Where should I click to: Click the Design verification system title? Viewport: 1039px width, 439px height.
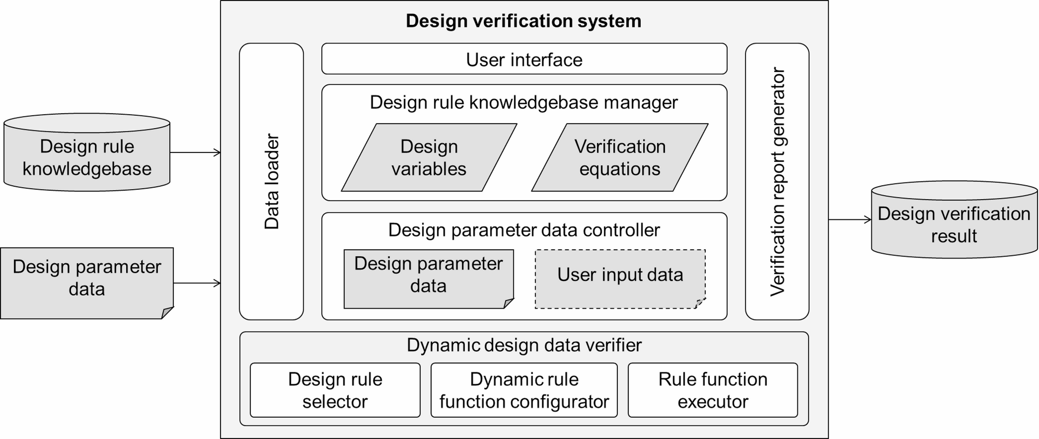pos(523,21)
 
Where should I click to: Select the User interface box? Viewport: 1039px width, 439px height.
pos(524,59)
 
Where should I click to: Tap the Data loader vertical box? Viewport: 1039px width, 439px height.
pos(271,181)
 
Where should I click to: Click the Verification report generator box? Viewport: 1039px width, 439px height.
pos(777,181)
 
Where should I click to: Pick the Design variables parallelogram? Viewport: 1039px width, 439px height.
pos(429,158)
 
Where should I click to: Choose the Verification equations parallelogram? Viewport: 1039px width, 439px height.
pos(619,158)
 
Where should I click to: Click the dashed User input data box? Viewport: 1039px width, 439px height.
pos(620,279)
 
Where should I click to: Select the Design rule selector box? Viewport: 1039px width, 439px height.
pos(335,390)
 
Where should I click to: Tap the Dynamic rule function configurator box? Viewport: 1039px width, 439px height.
pos(524,390)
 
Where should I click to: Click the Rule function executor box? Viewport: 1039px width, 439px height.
pos(713,390)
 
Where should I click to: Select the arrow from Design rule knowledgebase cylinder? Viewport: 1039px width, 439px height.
pos(195,153)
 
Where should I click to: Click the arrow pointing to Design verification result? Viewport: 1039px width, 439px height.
pos(850,220)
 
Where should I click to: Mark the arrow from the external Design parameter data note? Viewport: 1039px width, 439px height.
pos(197,283)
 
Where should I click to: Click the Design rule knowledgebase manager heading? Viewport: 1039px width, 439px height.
pos(524,102)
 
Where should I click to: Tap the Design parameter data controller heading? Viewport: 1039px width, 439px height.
pos(524,230)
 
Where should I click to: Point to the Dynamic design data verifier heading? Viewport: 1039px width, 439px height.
pos(524,345)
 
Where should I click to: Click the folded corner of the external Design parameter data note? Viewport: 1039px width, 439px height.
pos(168,312)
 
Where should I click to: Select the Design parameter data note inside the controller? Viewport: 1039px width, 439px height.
pos(428,279)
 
